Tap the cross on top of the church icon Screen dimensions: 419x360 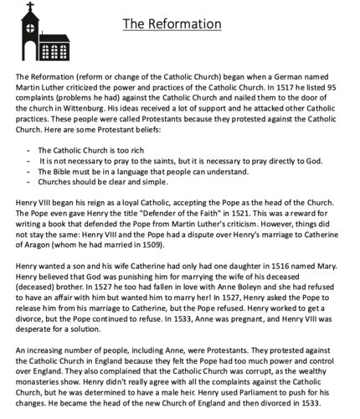coord(30,9)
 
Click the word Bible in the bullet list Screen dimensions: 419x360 coord(63,170)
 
